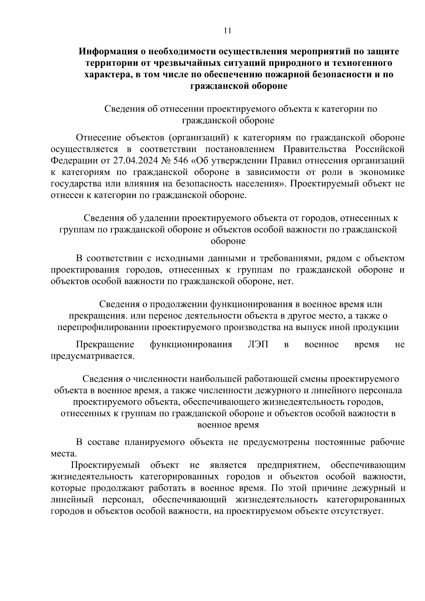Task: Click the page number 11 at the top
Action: click(227, 30)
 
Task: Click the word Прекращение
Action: click(105, 345)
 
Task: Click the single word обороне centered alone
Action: click(228, 241)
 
